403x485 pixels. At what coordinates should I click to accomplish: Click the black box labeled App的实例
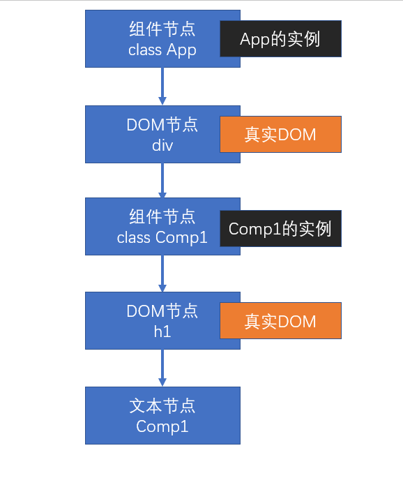coord(280,38)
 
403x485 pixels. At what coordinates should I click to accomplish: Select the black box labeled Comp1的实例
coord(280,229)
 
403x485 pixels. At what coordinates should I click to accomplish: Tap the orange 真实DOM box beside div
coord(280,134)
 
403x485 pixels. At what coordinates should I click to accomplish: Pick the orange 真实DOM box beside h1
coord(280,321)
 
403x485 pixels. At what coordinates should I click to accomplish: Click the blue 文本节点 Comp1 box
coord(162,415)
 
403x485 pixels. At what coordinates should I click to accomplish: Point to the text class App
coord(162,50)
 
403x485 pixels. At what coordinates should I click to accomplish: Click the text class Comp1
coord(162,238)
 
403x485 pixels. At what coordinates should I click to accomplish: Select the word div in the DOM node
coord(162,145)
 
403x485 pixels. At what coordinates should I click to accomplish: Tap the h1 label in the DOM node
coord(162,332)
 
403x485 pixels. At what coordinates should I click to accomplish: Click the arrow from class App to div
coord(162,87)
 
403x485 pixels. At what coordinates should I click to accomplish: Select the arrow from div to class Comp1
coord(162,180)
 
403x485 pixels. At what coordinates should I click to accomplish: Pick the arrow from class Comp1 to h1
coord(162,274)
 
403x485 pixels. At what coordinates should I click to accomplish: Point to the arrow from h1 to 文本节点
coord(162,368)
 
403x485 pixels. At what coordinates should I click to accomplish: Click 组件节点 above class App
coord(162,29)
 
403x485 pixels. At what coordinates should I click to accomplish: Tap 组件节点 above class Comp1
coord(162,217)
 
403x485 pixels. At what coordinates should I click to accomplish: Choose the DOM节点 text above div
coord(162,125)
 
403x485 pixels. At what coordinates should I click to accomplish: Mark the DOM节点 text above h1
coord(162,311)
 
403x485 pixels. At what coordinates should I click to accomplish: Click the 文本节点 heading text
coord(162,406)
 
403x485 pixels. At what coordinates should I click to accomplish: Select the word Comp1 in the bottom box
coord(162,427)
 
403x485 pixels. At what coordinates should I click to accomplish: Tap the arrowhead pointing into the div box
coord(162,101)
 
